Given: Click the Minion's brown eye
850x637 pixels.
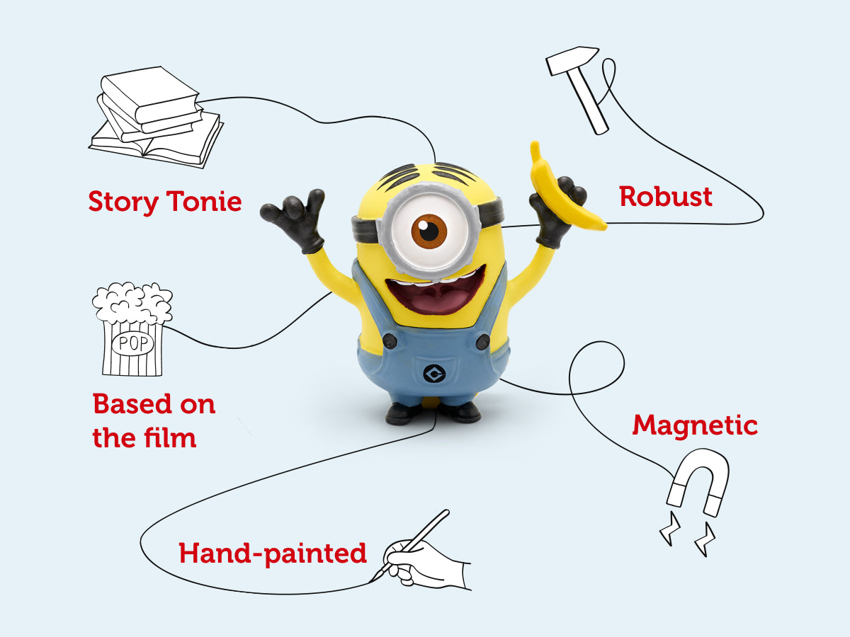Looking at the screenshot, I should [x=429, y=230].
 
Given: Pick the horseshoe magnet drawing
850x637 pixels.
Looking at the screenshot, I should [x=698, y=481].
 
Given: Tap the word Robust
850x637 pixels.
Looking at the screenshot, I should [x=666, y=196].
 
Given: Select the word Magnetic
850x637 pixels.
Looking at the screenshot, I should [x=695, y=425].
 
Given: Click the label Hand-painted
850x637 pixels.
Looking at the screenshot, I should [x=273, y=553].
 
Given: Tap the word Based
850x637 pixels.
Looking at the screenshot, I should [x=132, y=404].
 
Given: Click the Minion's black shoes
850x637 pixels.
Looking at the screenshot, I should [x=433, y=412].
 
